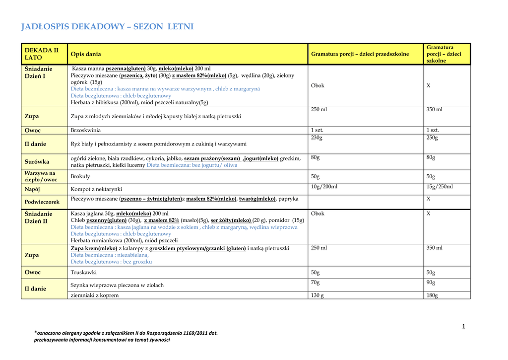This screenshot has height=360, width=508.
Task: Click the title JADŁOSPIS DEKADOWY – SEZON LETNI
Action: pos(107,27)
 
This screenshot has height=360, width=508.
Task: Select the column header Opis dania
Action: pos(86,54)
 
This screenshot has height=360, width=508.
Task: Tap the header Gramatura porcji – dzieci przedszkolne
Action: pos(360,54)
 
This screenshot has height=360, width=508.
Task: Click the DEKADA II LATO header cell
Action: pos(42,54)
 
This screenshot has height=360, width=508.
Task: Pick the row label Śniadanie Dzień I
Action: pos(39,72)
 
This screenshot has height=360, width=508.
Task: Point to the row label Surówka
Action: pos(37,162)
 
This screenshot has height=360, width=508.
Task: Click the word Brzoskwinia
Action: pos(86,130)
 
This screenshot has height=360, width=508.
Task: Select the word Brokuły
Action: pos(81,176)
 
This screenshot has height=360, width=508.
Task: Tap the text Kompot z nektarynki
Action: pos(96,189)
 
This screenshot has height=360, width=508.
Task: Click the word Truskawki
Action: pos(84,273)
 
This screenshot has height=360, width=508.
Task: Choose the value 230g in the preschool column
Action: pos(317,138)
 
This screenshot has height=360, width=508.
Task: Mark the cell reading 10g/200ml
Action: pos(324,187)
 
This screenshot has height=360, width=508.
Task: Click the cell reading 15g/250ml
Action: pos(440,187)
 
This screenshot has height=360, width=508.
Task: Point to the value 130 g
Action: pos(317,295)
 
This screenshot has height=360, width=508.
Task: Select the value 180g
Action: pos(432,295)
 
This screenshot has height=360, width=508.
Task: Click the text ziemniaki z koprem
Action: pos(95,295)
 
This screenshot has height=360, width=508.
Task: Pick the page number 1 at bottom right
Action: pos(463,326)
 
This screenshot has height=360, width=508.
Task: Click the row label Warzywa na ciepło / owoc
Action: pos(41,176)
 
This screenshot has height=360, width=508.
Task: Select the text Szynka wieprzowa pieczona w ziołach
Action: pos(117,285)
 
